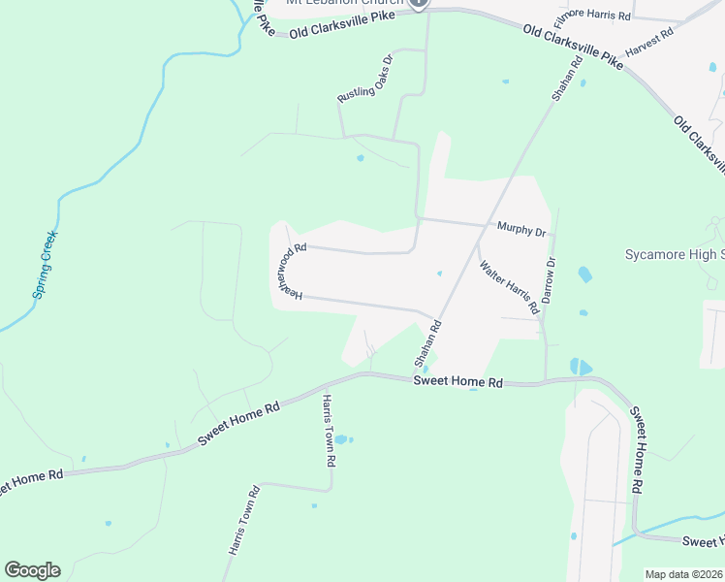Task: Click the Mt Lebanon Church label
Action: (344, 3)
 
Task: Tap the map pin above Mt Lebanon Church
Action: (419, 3)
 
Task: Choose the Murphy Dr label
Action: (522, 230)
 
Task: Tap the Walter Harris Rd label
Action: (508, 286)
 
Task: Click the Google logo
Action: (32, 570)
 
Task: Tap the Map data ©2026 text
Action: (683, 574)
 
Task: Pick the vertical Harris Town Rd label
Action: (329, 432)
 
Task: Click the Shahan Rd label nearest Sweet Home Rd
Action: (428, 345)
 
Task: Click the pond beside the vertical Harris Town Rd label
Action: (343, 440)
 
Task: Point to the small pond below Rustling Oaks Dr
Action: (361, 158)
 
